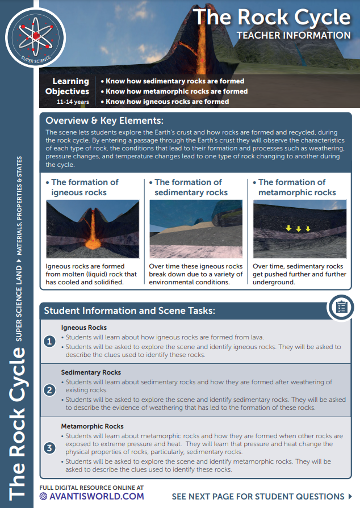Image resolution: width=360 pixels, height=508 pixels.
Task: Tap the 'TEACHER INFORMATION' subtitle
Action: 294,35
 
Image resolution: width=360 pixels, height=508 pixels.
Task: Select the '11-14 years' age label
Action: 73,102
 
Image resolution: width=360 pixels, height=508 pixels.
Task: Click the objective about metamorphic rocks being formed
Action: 177,91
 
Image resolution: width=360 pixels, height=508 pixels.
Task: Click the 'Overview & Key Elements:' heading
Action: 104,120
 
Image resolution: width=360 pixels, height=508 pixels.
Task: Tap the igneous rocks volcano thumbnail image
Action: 93,229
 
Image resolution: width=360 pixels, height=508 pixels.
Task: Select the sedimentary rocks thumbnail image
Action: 195,229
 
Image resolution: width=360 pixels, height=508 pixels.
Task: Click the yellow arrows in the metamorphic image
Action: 298,229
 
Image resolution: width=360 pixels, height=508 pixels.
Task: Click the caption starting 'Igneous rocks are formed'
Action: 91,274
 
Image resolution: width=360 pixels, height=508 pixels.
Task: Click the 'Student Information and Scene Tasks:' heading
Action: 129,310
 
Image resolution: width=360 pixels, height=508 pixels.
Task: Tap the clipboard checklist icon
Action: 341,307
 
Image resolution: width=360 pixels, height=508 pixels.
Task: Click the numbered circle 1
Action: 51,341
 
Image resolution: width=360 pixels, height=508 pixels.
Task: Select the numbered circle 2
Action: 51,390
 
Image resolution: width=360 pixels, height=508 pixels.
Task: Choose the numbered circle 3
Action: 51,448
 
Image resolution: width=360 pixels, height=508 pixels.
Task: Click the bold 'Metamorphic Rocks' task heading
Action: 92,426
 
